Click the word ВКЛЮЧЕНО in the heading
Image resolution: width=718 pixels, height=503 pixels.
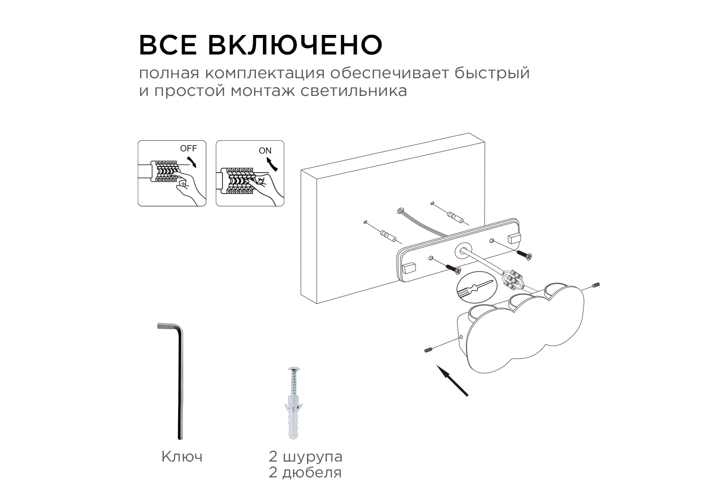tap(295, 45)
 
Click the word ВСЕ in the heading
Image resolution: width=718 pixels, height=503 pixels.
tap(168, 45)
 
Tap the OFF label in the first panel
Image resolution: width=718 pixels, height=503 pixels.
tap(188, 149)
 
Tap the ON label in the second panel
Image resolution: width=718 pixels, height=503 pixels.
tap(265, 150)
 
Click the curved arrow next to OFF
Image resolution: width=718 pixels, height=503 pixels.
tap(192, 162)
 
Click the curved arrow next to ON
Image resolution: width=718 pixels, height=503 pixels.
tap(271, 164)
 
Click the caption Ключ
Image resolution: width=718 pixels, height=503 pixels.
tap(182, 456)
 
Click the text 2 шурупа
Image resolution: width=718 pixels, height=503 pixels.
tap(305, 457)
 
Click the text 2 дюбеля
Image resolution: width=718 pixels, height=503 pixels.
tap(305, 473)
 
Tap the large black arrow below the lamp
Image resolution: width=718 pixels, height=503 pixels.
tap(452, 381)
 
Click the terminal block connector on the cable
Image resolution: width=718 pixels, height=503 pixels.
tap(512, 279)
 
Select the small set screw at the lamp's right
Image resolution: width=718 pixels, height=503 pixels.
tap(596, 285)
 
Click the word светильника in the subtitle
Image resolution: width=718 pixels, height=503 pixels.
tap(354, 91)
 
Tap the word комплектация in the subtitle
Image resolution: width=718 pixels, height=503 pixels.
tap(265, 73)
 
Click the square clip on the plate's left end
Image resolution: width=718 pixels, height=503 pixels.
tap(409, 268)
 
